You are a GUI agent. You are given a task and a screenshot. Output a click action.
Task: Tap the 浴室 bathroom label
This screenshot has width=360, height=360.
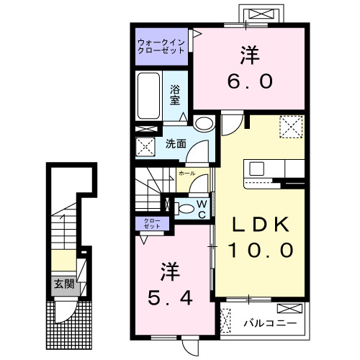coord(175,95)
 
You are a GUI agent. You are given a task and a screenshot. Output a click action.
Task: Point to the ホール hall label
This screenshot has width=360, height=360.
coord(186,174)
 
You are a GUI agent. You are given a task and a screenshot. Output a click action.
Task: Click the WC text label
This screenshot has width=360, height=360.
coord(202,209)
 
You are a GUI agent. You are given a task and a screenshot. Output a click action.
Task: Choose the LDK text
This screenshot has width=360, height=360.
coord(260,225)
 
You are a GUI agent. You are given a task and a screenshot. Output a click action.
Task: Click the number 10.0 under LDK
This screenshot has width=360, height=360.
coord(260,251)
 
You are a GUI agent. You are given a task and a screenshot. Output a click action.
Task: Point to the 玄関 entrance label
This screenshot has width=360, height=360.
coord(63,284)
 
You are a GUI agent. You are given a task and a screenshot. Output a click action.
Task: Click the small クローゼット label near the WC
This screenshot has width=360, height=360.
coord(151,223)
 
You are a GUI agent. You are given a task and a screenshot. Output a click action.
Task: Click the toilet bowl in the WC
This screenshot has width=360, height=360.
coord(186,210)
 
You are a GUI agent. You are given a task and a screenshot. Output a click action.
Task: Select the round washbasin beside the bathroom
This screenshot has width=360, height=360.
coord(204,123)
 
